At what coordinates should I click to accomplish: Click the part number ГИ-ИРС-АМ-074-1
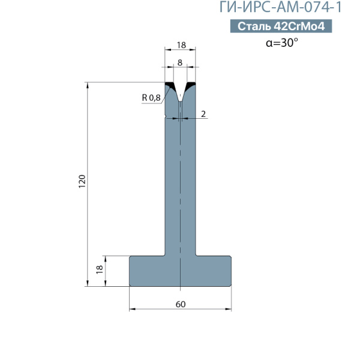tap(281, 7)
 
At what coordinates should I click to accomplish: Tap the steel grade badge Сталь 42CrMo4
tap(281, 26)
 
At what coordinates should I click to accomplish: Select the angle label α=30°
tap(282, 43)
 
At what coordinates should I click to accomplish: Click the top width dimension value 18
tap(181, 45)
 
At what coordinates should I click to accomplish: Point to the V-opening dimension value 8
tap(180, 62)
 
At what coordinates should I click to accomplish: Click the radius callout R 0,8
tap(151, 98)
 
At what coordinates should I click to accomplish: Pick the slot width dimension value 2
tap(203, 114)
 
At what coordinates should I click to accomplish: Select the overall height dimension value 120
tap(82, 181)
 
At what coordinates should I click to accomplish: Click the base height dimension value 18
tap(100, 269)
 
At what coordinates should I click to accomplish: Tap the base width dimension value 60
tap(181, 304)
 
